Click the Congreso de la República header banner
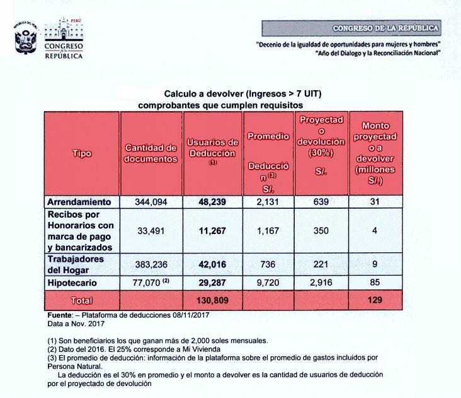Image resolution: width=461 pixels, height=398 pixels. [x=385, y=28]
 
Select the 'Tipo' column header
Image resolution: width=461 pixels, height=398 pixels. [x=82, y=153]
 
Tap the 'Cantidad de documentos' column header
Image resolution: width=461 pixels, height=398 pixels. [x=151, y=153]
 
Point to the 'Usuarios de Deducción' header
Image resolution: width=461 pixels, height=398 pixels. [x=212, y=149]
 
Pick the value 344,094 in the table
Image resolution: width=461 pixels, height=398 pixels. [x=151, y=202]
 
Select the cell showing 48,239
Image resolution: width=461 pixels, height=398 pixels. [x=212, y=202]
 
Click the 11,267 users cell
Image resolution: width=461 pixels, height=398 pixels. [x=212, y=231]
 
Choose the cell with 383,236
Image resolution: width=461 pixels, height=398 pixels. [x=151, y=265]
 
